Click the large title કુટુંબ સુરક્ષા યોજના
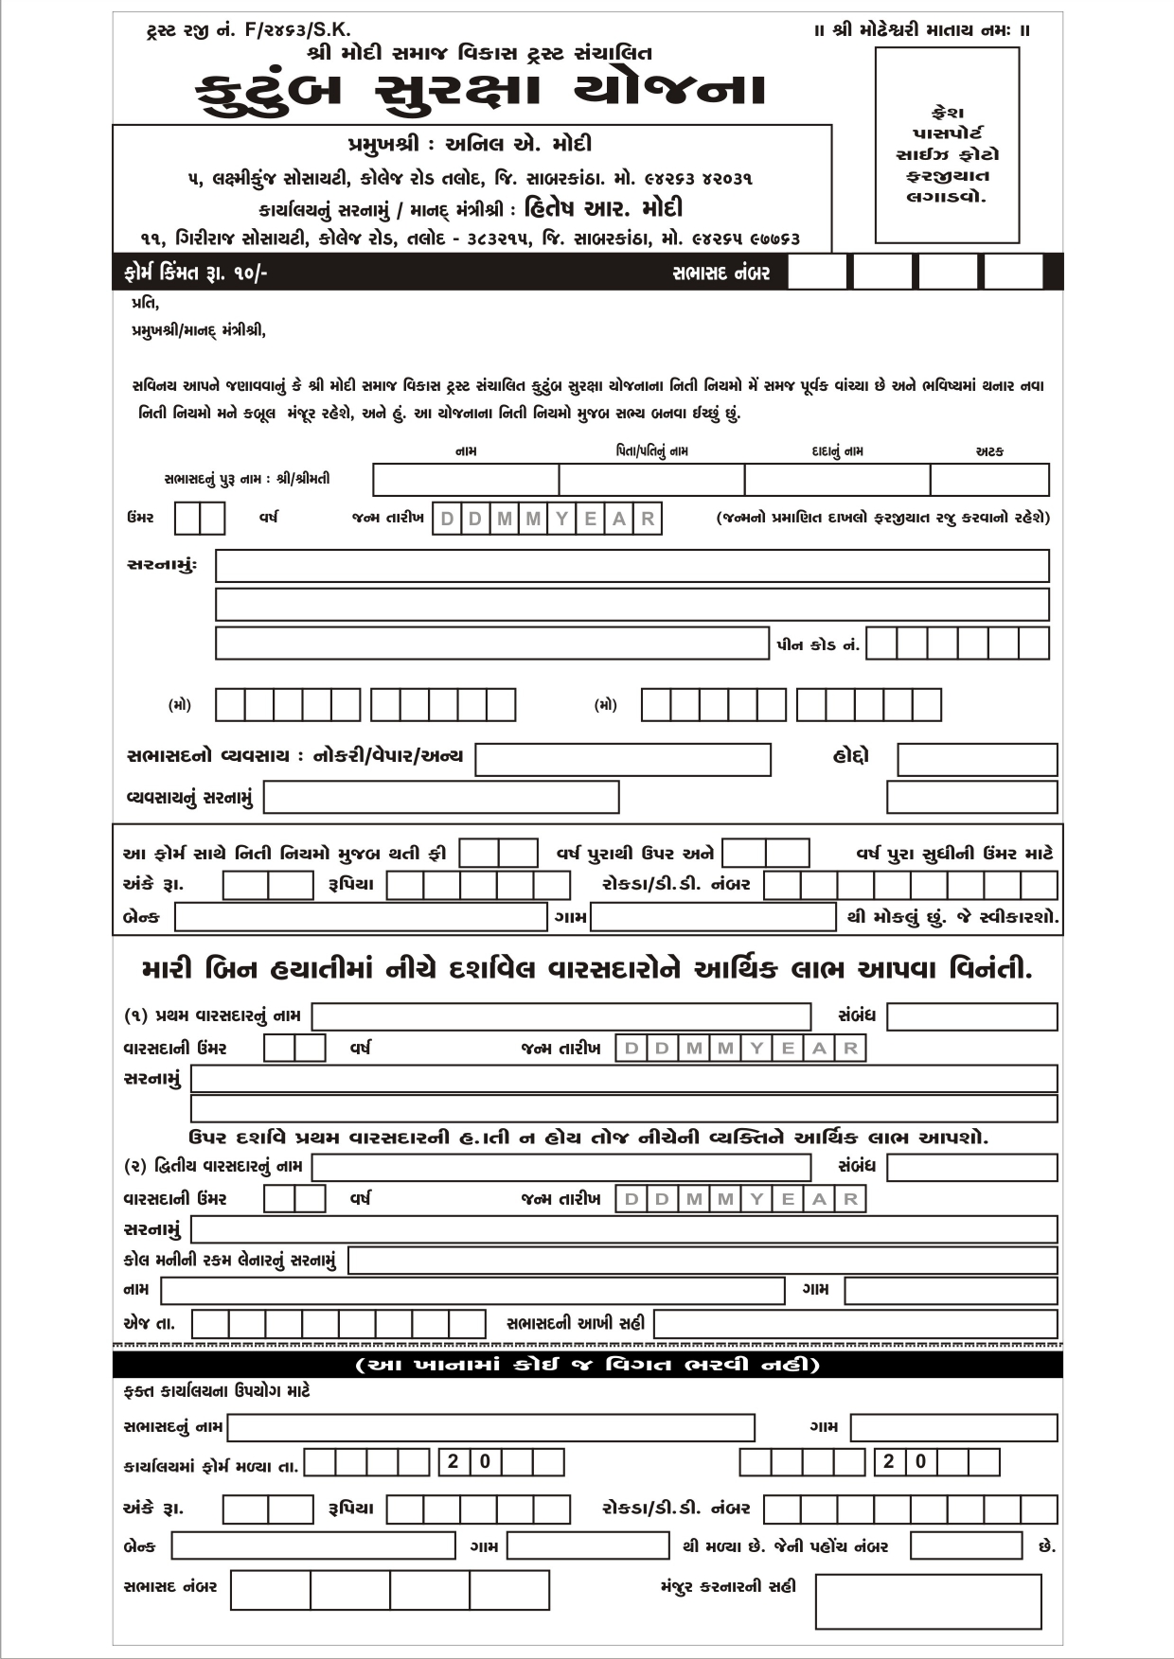481,91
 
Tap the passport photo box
947,145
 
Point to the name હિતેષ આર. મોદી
603,208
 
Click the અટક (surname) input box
989,480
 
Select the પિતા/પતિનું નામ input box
651,480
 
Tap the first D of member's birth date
447,519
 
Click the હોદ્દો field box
977,759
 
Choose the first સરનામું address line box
631,566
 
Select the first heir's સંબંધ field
971,1016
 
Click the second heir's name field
561,1167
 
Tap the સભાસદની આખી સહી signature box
855,1323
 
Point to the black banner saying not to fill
587,1365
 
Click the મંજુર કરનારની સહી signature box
928,1601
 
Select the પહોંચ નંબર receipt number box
966,1545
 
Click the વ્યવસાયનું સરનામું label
189,798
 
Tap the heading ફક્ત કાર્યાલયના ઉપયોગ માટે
217,1391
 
